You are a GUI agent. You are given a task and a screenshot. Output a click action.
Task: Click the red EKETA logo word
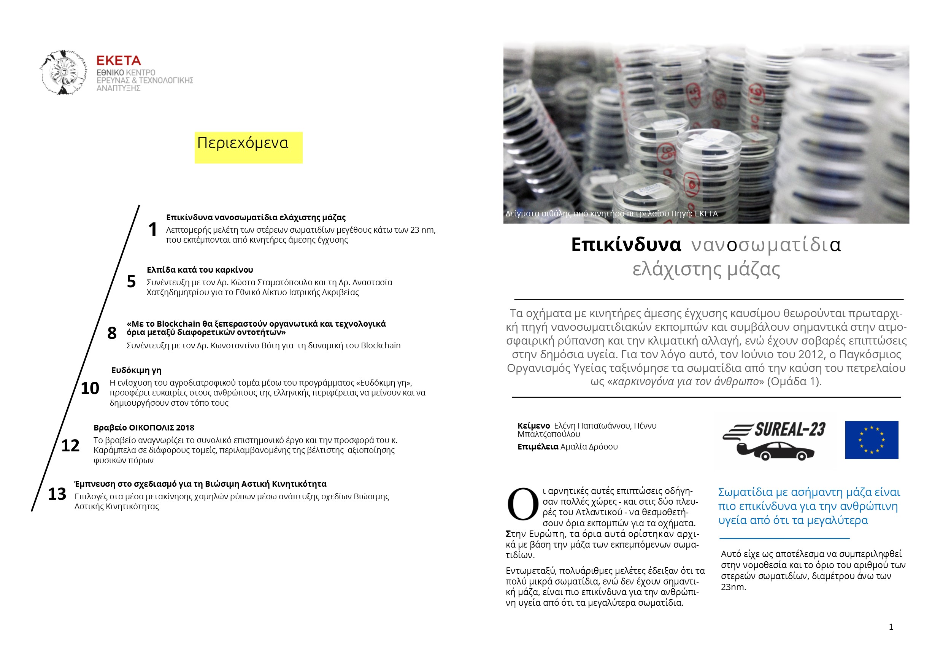pos(118,61)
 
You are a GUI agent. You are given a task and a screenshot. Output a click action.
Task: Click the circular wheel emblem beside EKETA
pos(63,73)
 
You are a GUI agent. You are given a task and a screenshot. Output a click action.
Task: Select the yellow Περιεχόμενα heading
pos(243,143)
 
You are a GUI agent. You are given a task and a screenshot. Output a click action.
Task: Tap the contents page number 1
pos(152,229)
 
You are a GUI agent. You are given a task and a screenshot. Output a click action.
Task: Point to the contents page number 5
pos(131,282)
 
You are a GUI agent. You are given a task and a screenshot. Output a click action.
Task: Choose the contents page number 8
pos(112,333)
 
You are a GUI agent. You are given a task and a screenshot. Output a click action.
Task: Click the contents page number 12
pos(70,446)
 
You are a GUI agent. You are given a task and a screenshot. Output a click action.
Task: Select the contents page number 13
pos(57,494)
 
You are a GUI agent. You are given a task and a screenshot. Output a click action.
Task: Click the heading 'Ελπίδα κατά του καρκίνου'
pos(200,270)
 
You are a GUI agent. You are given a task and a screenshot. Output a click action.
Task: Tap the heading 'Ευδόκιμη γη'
pos(137,370)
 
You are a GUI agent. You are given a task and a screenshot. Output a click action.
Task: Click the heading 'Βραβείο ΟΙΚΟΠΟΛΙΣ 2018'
pos(144,427)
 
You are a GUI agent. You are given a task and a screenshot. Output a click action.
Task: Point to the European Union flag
pos(872,440)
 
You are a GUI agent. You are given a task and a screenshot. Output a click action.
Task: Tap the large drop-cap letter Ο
pos(522,504)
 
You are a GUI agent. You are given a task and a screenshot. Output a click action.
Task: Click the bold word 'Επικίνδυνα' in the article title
pos(625,245)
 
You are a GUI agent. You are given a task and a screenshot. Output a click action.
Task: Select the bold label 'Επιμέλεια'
pos(538,447)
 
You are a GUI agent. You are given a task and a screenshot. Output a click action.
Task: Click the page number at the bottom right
pos(891,627)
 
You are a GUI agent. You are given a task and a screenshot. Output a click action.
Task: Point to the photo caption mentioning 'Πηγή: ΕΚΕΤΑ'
pos(611,214)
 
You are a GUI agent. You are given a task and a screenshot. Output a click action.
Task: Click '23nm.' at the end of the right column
pos(733,587)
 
